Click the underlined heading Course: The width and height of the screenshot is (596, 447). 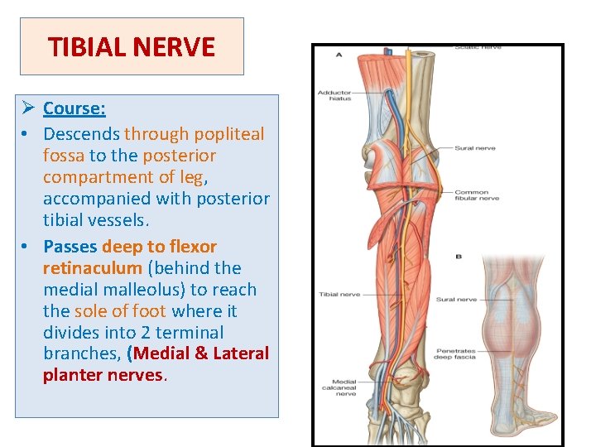(74, 108)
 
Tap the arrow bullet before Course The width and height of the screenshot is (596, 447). (28, 108)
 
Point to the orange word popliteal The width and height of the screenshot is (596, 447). (230, 134)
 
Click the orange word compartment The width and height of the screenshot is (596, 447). (94, 177)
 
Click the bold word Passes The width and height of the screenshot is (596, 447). (70, 247)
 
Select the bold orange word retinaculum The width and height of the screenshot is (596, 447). (92, 268)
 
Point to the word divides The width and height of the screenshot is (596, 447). (66, 333)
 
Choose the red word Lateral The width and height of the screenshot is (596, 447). (241, 353)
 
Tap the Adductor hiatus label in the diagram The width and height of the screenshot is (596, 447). (334, 95)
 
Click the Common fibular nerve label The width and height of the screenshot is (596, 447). (472, 196)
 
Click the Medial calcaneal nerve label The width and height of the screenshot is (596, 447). (344, 387)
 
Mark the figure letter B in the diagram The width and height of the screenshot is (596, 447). (458, 257)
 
